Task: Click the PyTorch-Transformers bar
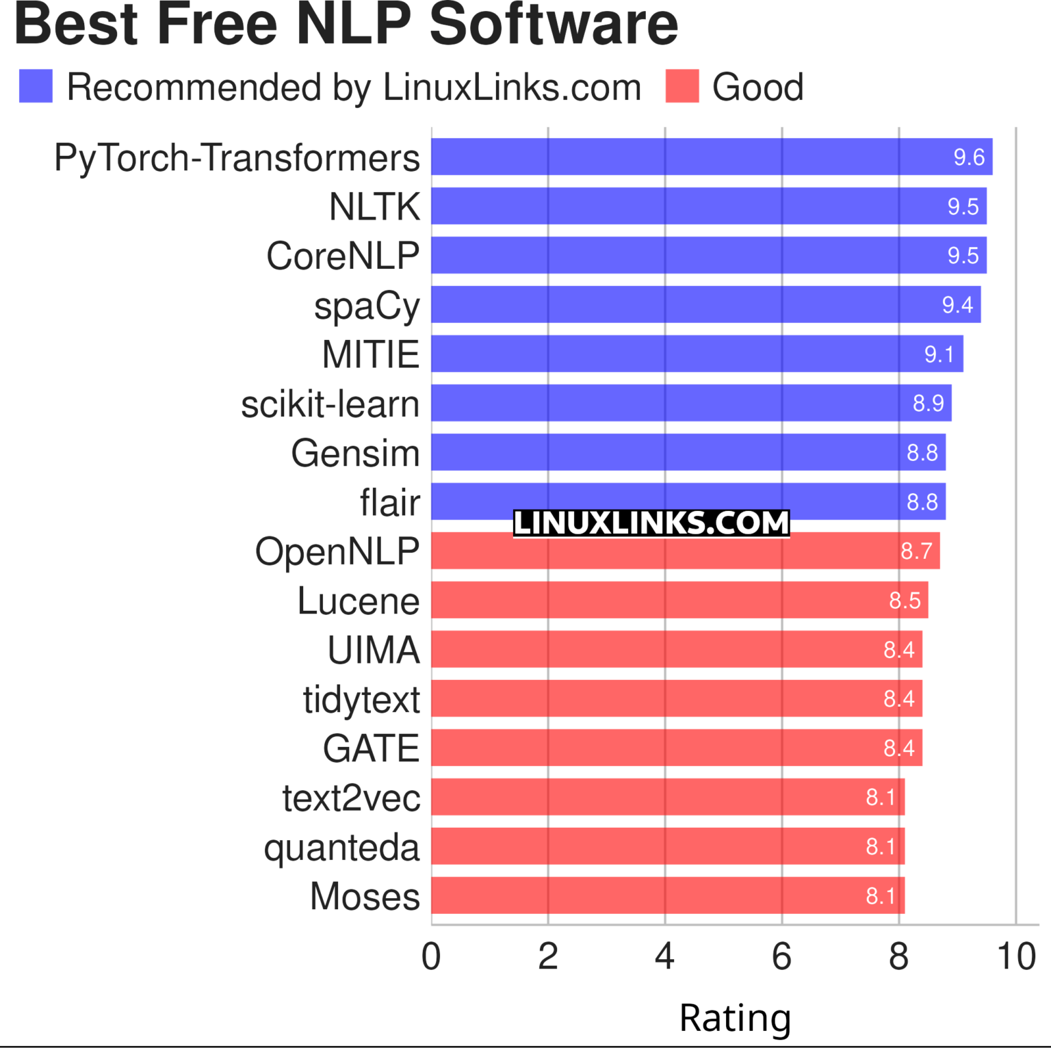pyautogui.click(x=712, y=157)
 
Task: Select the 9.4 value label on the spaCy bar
pyautogui.click(x=957, y=304)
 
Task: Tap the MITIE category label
pyautogui.click(x=370, y=354)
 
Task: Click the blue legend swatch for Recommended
pyautogui.click(x=36, y=86)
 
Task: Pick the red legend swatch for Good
pyautogui.click(x=682, y=86)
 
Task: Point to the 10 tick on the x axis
pyautogui.click(x=1016, y=956)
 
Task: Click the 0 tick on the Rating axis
pyautogui.click(x=431, y=956)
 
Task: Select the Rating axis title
pyautogui.click(x=735, y=1017)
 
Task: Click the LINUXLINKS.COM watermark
pyautogui.click(x=651, y=523)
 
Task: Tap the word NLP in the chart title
pyautogui.click(x=354, y=25)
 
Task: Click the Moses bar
pyautogui.click(x=667, y=895)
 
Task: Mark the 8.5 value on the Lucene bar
pyautogui.click(x=904, y=601)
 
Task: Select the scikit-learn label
pyautogui.click(x=330, y=404)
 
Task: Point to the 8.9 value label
pyautogui.click(x=928, y=404)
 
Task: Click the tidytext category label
pyautogui.click(x=361, y=699)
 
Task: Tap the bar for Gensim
pyautogui.click(x=688, y=452)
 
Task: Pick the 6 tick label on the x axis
pyautogui.click(x=781, y=956)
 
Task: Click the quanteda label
pyautogui.click(x=341, y=848)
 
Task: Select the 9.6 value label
pyautogui.click(x=968, y=157)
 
